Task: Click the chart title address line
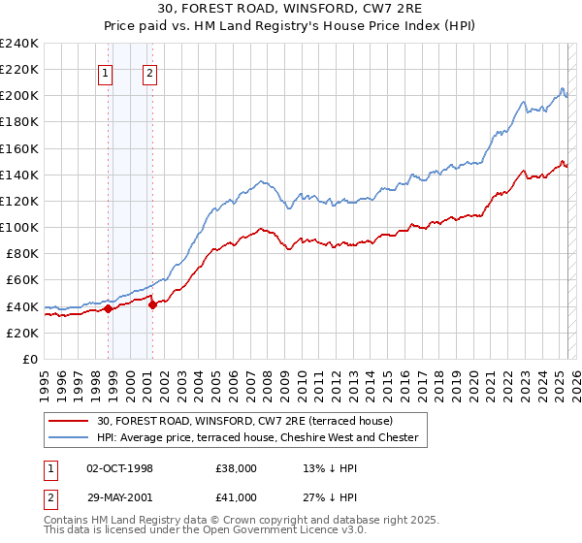click(x=290, y=9)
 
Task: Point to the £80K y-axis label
click(x=21, y=254)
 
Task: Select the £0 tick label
click(x=30, y=359)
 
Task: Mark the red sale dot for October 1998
click(x=109, y=309)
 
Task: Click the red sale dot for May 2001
click(x=153, y=304)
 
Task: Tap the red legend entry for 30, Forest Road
click(x=243, y=421)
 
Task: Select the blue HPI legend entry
click(x=257, y=438)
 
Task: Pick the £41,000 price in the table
click(x=237, y=497)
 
